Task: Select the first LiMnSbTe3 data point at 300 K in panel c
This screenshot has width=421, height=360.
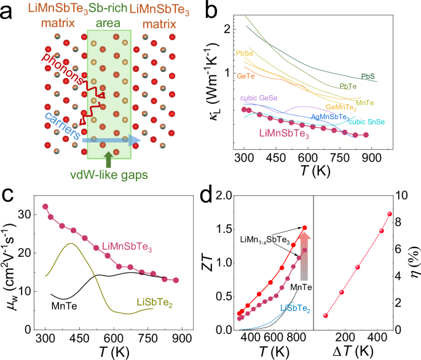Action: point(45,206)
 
